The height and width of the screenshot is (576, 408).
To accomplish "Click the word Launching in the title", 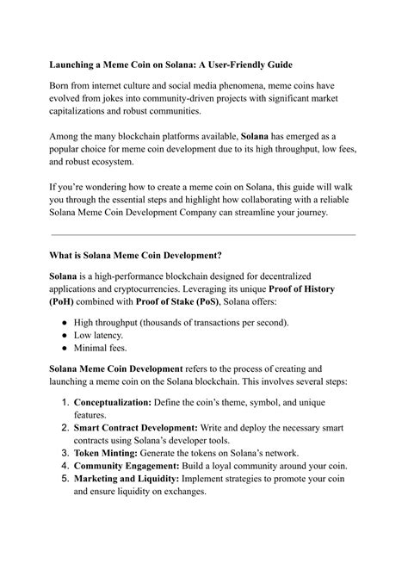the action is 74,64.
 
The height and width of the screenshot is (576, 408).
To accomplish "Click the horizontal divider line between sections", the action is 203,234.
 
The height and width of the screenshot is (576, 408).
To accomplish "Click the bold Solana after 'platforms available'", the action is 254,135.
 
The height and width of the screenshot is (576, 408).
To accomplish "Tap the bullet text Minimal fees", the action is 99,349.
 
